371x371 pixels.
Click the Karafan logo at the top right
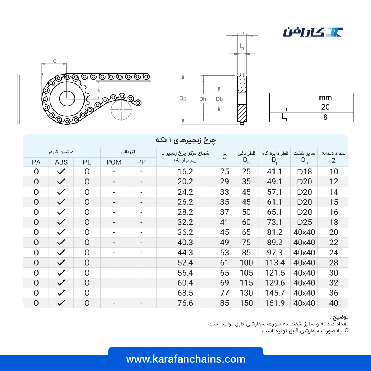(313, 32)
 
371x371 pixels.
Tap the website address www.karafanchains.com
(186, 359)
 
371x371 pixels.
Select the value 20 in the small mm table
(325, 107)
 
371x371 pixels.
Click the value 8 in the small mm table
(325, 117)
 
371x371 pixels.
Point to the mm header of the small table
(325, 98)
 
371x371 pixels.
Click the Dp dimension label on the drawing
(183, 99)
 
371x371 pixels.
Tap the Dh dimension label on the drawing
(203, 99)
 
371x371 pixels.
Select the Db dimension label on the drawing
(219, 99)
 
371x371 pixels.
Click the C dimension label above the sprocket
(55, 61)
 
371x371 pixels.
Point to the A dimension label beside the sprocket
(99, 91)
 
